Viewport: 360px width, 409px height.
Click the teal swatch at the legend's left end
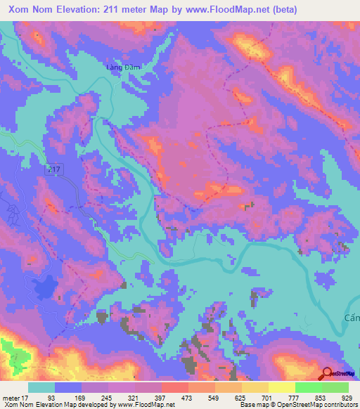41,387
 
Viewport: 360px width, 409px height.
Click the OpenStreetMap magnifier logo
327,374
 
